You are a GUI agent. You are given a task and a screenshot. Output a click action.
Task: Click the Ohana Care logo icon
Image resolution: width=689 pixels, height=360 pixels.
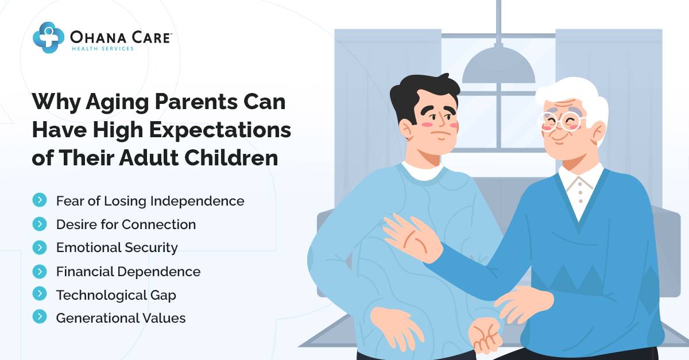click(x=48, y=37)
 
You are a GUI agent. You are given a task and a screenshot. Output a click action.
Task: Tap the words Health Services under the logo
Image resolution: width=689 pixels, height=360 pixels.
click(x=102, y=49)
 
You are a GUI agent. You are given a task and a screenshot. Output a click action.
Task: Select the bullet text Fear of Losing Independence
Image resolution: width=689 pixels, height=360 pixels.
click(x=150, y=201)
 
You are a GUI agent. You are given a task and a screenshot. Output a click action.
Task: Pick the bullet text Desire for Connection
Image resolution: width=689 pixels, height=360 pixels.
click(x=126, y=224)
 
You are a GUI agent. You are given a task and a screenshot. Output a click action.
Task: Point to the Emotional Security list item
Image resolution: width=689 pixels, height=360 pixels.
click(x=117, y=247)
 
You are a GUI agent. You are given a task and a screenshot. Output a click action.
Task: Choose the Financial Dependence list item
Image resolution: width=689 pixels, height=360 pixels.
click(x=128, y=271)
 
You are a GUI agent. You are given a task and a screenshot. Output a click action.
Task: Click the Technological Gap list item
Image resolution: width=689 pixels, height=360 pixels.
click(x=116, y=295)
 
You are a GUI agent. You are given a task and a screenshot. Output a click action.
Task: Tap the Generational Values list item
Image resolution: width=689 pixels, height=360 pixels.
click(x=121, y=318)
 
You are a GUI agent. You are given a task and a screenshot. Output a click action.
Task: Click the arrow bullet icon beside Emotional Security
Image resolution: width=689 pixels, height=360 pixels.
click(x=40, y=247)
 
